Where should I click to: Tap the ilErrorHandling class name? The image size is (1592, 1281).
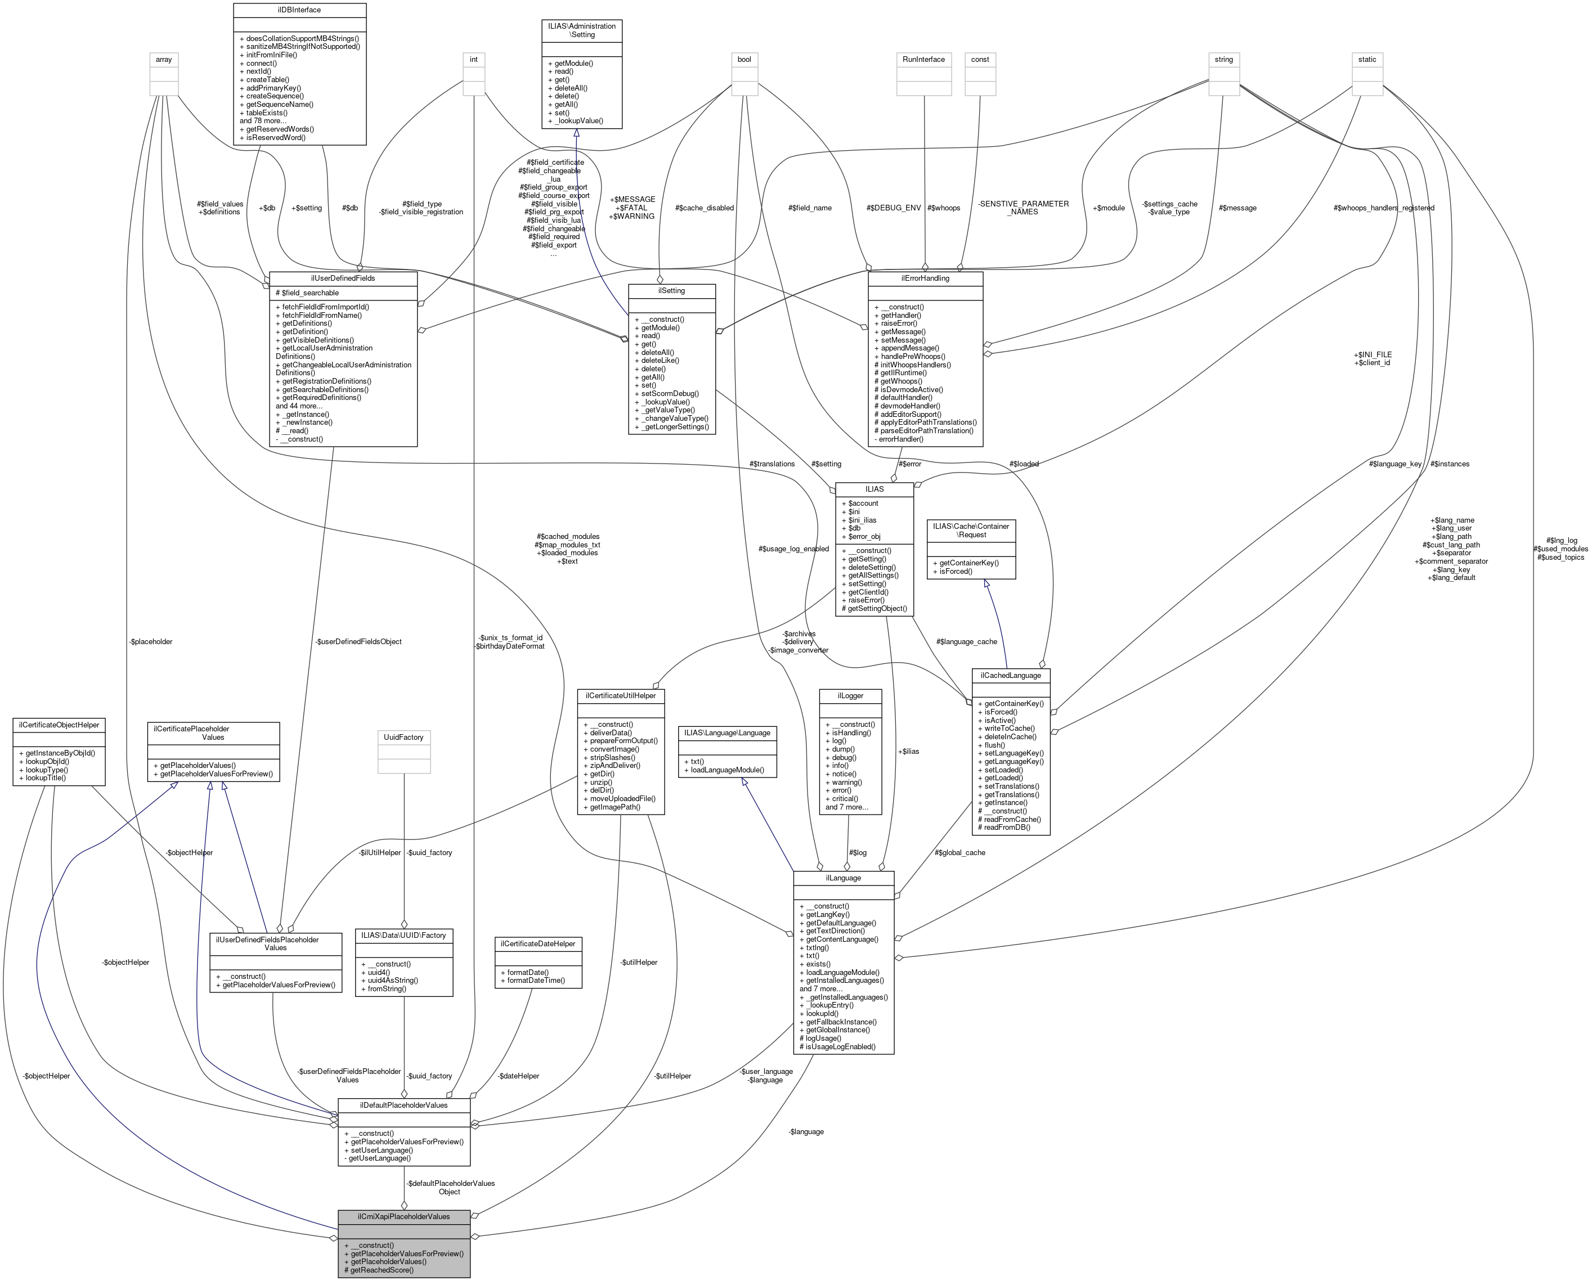click(925, 278)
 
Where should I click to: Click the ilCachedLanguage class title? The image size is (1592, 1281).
click(1010, 675)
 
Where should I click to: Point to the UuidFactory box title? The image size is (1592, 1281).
click(404, 737)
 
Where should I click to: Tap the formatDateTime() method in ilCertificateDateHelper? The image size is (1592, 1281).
click(532, 981)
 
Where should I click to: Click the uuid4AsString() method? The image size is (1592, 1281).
click(389, 981)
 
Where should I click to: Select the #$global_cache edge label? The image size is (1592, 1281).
click(960, 853)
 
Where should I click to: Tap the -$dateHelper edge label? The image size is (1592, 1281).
click(518, 1076)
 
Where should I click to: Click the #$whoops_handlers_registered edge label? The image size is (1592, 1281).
click(1384, 208)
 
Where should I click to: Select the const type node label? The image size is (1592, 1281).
click(980, 59)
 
